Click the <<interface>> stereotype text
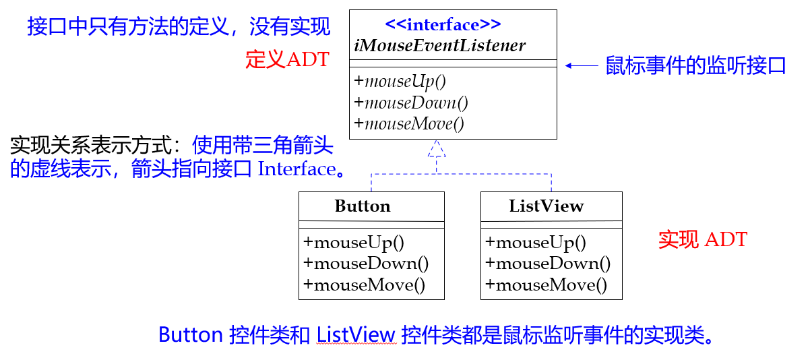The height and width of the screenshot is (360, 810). click(443, 24)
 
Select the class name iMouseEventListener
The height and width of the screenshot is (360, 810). click(440, 46)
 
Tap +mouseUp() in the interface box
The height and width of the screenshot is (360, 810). click(400, 82)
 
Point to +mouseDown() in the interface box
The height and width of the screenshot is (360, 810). click(411, 102)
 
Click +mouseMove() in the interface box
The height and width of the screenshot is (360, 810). click(409, 124)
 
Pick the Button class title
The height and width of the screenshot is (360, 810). click(363, 206)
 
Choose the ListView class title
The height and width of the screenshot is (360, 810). click(547, 206)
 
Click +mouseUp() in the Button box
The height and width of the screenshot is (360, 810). click(354, 243)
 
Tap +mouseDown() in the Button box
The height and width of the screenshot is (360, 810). click(366, 264)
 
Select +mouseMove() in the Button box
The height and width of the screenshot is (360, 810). click(364, 285)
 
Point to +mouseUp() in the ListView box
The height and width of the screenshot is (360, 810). click(536, 243)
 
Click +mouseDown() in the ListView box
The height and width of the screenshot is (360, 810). click(548, 264)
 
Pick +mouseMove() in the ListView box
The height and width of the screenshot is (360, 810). click(546, 285)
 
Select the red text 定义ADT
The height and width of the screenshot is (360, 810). click(288, 59)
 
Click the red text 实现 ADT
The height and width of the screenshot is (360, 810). click(703, 239)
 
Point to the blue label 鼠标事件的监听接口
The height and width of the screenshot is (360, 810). click(695, 66)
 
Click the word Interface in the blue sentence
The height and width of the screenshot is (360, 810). click(297, 169)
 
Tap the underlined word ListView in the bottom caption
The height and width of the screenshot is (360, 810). click(356, 334)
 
